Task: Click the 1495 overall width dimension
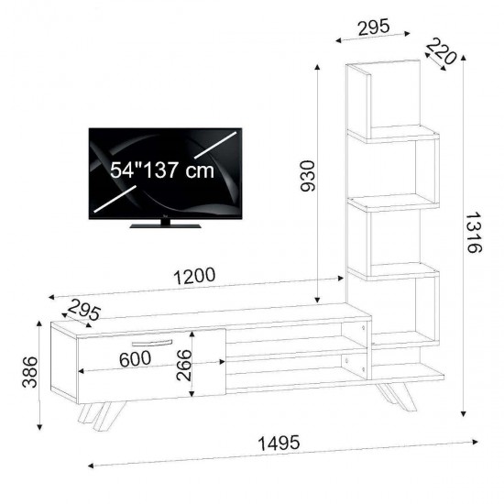pyautogui.click(x=279, y=443)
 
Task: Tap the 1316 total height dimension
pyautogui.click(x=473, y=232)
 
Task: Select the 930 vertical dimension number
pyautogui.click(x=308, y=176)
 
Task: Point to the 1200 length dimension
pyautogui.click(x=194, y=276)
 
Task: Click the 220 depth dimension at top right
pyautogui.click(x=441, y=51)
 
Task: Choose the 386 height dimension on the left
pyautogui.click(x=30, y=371)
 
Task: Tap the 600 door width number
pyautogui.click(x=135, y=358)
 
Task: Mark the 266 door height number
pyautogui.click(x=184, y=365)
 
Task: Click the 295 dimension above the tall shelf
pyautogui.click(x=374, y=27)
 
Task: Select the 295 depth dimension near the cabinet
pyautogui.click(x=84, y=310)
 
